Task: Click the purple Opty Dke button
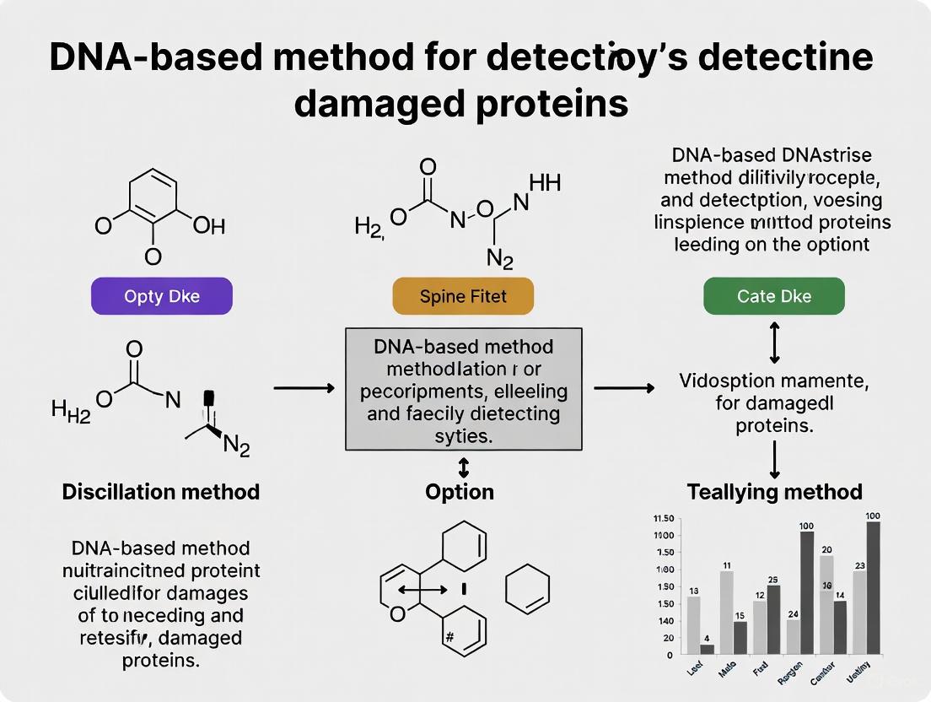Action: [161, 297]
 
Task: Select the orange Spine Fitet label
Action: [463, 297]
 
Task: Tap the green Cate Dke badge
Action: [773, 297]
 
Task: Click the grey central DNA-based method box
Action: [463, 389]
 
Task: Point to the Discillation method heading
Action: [161, 491]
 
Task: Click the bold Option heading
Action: [460, 491]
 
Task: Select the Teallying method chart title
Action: [774, 491]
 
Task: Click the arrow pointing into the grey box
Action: [304, 388]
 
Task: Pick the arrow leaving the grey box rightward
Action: [623, 388]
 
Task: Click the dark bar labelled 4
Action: [707, 649]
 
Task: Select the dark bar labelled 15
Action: [740, 638]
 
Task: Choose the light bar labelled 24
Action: [793, 637]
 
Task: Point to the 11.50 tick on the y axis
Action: [664, 519]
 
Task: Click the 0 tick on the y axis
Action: [670, 655]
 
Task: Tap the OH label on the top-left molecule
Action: [208, 226]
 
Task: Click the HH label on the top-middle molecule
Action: [545, 182]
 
